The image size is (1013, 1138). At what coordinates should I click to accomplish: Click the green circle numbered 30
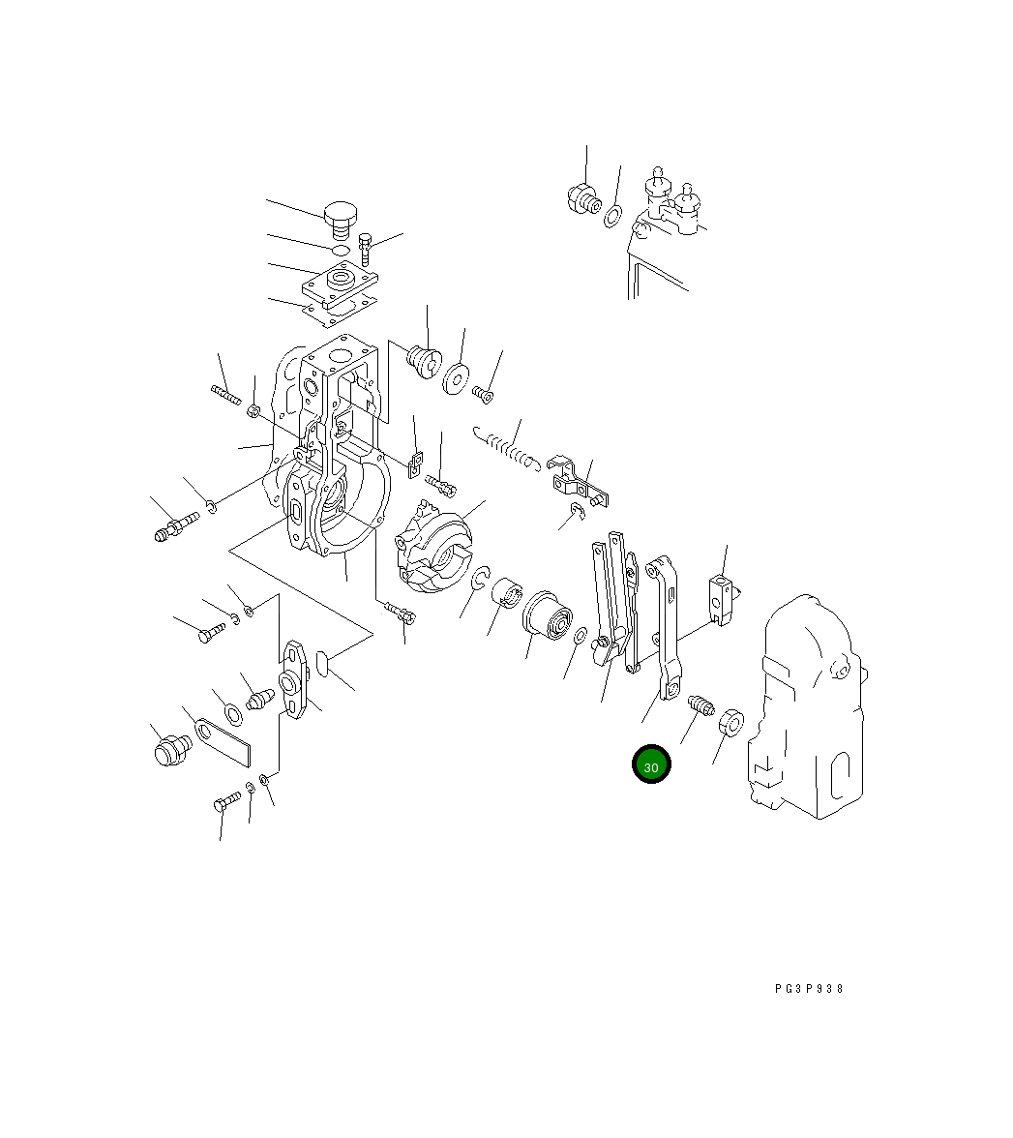[x=651, y=764]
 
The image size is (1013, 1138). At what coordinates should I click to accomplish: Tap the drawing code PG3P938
[x=809, y=989]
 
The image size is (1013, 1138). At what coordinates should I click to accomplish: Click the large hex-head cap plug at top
[x=341, y=219]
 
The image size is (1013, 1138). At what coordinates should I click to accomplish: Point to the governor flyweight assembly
[x=433, y=545]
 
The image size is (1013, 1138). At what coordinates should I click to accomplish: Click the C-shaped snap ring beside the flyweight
[x=480, y=579]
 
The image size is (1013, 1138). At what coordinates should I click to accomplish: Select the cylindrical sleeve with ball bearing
[x=548, y=615]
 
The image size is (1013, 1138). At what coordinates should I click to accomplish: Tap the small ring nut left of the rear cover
[x=731, y=722]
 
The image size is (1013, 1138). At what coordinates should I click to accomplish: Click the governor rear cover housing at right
[x=807, y=707]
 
